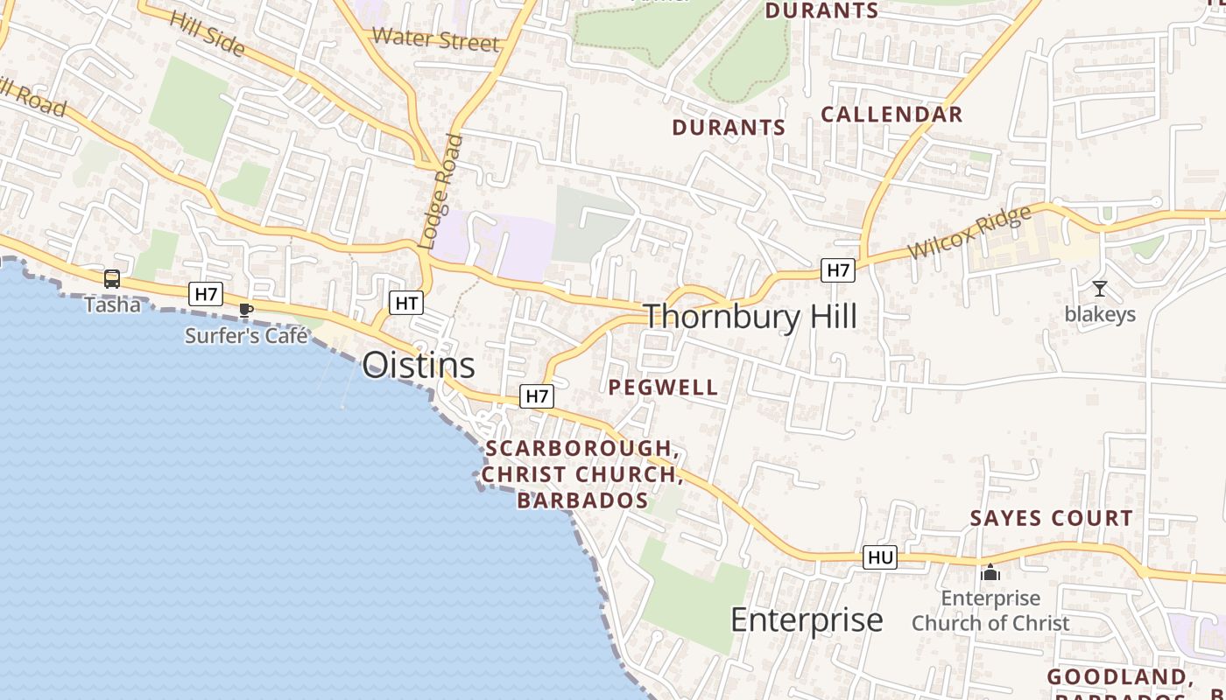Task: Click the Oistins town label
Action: (x=419, y=365)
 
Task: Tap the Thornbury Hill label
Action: (x=750, y=316)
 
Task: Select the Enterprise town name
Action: (x=807, y=619)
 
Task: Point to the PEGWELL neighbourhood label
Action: (x=663, y=388)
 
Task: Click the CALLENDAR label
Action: (x=891, y=115)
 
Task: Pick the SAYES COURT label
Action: (x=1051, y=518)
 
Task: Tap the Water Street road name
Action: (x=435, y=39)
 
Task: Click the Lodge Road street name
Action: (x=440, y=192)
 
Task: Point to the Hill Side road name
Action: (x=207, y=32)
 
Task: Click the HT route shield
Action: (x=406, y=304)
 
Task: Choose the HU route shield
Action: (x=880, y=557)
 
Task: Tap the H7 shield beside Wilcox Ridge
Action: (x=838, y=270)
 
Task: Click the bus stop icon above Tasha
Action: (x=112, y=279)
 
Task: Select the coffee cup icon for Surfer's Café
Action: (x=246, y=311)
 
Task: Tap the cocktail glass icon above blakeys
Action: (x=1100, y=289)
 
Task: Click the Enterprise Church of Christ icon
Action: (x=990, y=573)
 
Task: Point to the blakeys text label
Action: (x=1100, y=314)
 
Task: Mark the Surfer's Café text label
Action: (x=246, y=335)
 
